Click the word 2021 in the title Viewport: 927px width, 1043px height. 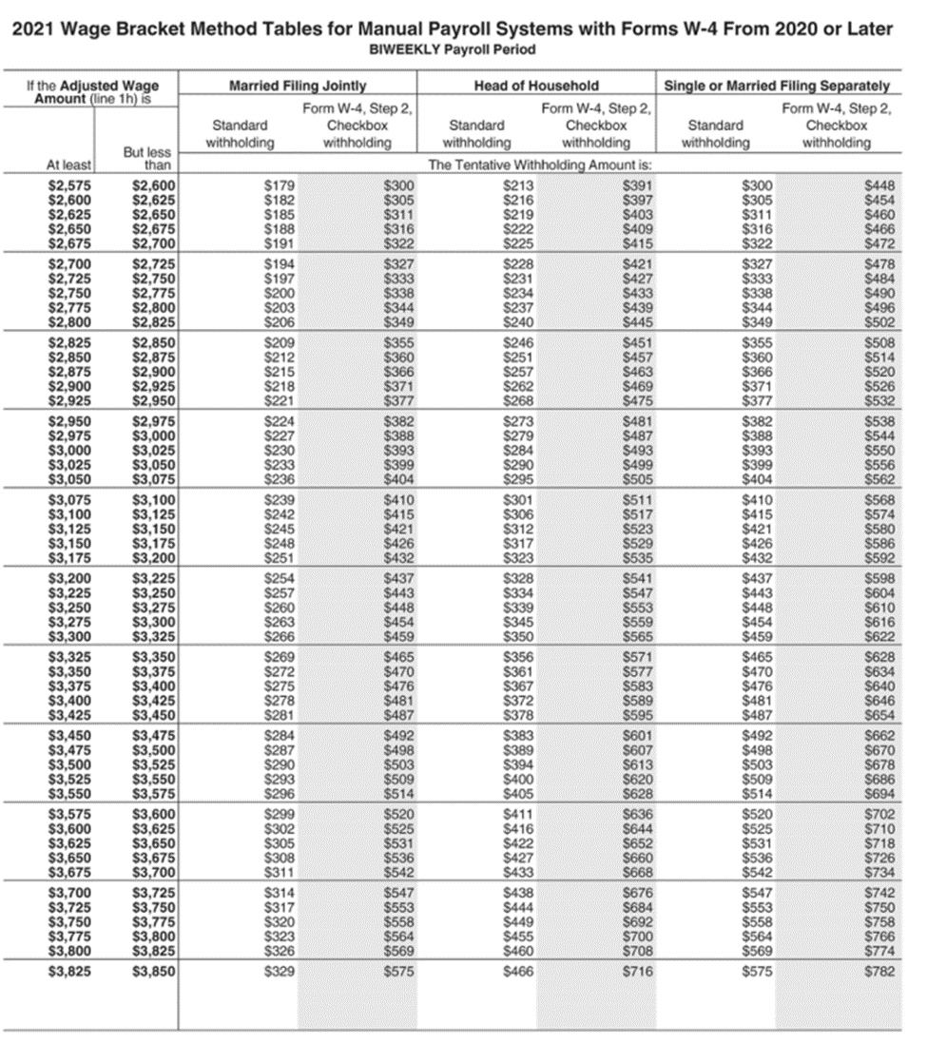35,29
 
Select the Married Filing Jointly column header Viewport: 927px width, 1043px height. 298,86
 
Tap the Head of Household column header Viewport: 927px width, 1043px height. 536,86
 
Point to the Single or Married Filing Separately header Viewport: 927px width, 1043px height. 777,86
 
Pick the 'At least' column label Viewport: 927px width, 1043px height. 68,164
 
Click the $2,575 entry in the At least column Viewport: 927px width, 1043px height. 70,185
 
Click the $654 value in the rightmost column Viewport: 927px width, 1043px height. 879,713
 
